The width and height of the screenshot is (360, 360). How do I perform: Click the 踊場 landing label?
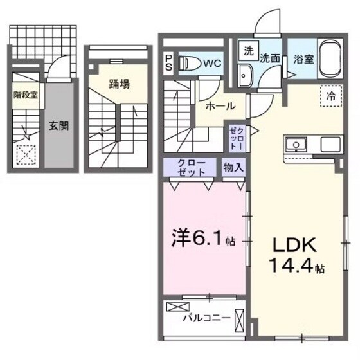(x=118, y=84)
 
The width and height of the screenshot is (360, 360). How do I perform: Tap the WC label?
(x=213, y=63)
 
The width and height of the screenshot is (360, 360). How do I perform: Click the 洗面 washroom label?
(x=269, y=57)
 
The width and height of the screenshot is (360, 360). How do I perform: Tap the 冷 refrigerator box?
(x=329, y=95)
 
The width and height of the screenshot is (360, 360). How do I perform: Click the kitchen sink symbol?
(x=296, y=142)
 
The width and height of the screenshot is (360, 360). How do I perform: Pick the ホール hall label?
(x=220, y=106)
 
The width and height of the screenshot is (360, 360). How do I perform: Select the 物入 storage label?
(x=233, y=168)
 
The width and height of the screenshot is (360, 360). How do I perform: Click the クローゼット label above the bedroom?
(x=192, y=168)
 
